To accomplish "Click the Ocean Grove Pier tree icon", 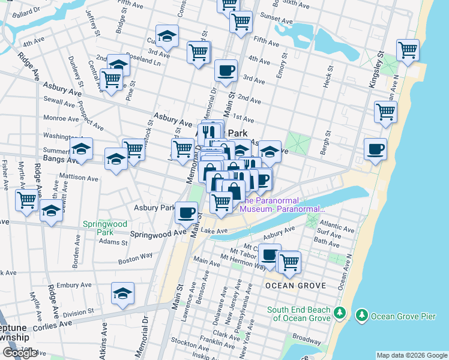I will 361,315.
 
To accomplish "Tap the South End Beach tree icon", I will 340,313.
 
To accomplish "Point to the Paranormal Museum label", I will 282,205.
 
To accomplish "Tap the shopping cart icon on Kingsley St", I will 408,50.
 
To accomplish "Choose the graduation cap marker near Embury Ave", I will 122,293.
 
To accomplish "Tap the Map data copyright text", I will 412,355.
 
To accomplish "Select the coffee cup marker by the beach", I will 376,149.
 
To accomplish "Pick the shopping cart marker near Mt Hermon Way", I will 289,262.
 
